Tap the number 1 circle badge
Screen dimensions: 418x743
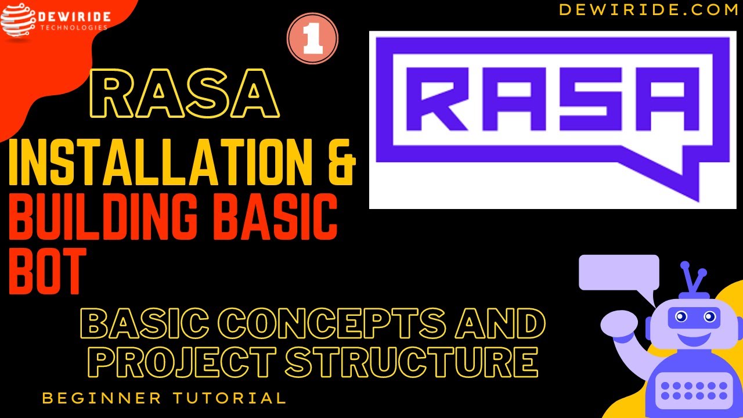[312, 39]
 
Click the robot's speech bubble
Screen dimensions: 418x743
[619, 272]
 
